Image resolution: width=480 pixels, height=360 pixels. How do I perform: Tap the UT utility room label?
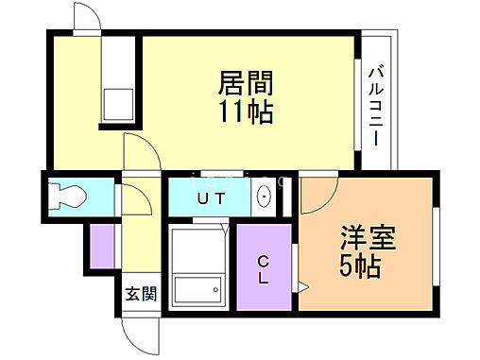[211, 198]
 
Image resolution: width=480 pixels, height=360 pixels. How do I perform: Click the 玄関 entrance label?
[139, 292]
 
